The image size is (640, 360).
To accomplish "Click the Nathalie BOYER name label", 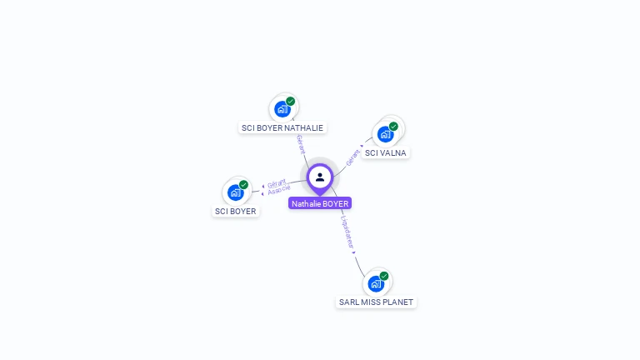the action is click(320, 203).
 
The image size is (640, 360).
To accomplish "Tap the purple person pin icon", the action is click(320, 177).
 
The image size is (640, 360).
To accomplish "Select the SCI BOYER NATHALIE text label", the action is click(282, 128).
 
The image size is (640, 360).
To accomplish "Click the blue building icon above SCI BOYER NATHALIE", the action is click(282, 108).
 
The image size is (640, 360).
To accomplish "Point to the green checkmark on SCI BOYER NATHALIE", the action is click(291, 101).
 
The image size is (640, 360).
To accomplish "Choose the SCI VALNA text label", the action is click(386, 153).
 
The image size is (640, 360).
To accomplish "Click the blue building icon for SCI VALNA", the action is click(385, 133).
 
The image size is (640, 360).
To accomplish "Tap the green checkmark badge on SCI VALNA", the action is click(393, 127).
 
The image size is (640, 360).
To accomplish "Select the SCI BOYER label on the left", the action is click(236, 212).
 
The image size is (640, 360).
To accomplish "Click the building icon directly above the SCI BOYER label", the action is click(235, 192).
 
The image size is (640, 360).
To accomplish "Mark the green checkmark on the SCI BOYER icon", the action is click(243, 185).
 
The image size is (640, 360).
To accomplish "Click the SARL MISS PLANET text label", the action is click(376, 302).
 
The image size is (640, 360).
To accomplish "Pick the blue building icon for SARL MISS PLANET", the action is click(376, 283).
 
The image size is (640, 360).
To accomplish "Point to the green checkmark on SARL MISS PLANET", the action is click(384, 276).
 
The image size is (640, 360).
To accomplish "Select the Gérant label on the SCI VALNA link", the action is click(353, 155).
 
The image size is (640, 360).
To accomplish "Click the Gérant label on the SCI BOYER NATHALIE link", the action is click(300, 143).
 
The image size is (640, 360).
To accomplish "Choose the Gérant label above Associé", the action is click(277, 183).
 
